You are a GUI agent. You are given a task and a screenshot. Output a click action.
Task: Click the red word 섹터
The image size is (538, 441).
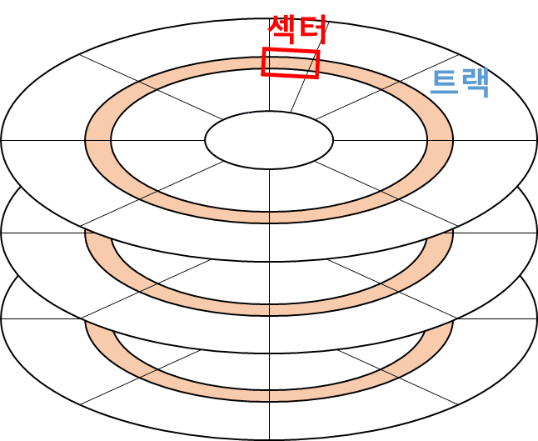click(296, 31)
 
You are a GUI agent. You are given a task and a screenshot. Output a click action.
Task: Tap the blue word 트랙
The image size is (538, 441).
click(459, 83)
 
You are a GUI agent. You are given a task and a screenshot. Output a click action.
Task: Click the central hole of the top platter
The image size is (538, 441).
click(269, 139)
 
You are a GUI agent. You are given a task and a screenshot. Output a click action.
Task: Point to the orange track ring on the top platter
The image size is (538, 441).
click(97, 140)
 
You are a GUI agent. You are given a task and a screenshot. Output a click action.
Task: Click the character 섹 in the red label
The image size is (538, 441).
click(281, 31)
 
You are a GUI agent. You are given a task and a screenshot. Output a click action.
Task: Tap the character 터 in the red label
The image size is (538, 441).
click(311, 31)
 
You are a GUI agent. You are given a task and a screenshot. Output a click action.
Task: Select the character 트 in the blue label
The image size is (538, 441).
click(444, 83)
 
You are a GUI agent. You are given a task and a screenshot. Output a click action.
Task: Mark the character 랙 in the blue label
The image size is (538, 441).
click(474, 83)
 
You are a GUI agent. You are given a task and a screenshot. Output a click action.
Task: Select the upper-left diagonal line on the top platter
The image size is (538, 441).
click(150, 87)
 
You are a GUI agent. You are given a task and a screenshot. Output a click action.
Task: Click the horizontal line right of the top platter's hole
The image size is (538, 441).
click(433, 140)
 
